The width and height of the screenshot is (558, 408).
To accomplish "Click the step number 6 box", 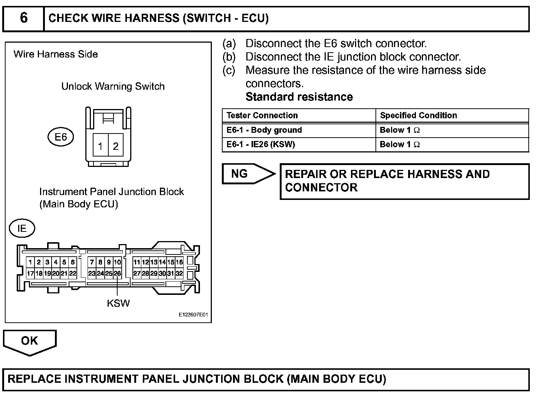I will click(23, 18).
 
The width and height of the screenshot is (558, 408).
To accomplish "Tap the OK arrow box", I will click(29, 341).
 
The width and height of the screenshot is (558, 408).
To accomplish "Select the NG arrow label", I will click(240, 174).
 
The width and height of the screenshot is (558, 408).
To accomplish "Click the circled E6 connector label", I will click(61, 137).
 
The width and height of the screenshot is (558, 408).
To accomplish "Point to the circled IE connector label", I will click(22, 228).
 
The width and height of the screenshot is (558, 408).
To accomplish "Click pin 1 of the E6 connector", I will click(100, 146).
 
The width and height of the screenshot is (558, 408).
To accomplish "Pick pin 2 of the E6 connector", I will click(116, 146).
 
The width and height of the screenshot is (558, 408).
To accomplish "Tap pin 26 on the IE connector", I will click(117, 274).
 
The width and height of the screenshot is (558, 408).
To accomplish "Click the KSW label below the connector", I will click(118, 303).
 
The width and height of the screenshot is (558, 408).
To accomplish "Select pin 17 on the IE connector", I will click(30, 274).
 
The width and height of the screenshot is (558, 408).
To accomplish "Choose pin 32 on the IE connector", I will click(179, 274).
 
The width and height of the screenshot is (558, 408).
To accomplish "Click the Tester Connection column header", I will click(262, 115).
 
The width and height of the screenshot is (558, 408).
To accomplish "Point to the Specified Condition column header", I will click(418, 115).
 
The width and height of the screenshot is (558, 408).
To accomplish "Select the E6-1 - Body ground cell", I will click(264, 130).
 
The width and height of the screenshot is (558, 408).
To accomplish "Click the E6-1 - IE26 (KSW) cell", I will click(260, 144).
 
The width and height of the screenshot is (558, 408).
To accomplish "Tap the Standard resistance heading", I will click(299, 97).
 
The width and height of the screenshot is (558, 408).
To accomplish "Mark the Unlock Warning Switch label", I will click(113, 86).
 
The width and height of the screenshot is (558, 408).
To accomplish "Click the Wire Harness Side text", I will click(56, 54).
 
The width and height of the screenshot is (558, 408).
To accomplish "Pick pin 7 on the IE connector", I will click(92, 262).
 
